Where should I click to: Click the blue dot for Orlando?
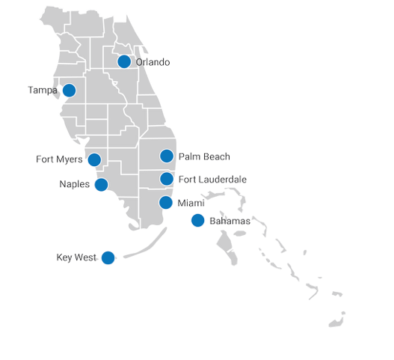[x=124, y=61]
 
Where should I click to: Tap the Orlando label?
[x=153, y=62]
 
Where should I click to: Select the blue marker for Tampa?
[x=69, y=91]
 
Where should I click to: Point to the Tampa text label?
[x=42, y=91]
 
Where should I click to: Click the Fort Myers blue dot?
[x=94, y=159]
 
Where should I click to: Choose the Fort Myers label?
[x=60, y=159]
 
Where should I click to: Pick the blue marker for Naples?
[x=101, y=184]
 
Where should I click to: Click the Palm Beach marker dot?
[x=167, y=156]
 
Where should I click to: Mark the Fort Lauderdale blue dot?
[x=167, y=179]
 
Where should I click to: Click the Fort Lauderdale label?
[x=214, y=180]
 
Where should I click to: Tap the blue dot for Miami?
[x=167, y=203]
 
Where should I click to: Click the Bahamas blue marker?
[x=197, y=220]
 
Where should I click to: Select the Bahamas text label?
[x=230, y=222]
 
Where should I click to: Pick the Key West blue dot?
[x=108, y=258]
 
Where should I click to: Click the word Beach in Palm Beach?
[x=218, y=156]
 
